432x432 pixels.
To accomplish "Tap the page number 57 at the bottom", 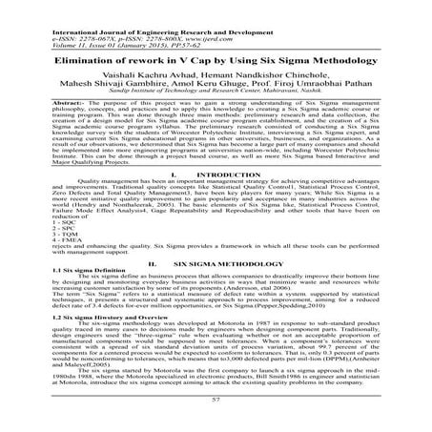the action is [216, 402].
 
